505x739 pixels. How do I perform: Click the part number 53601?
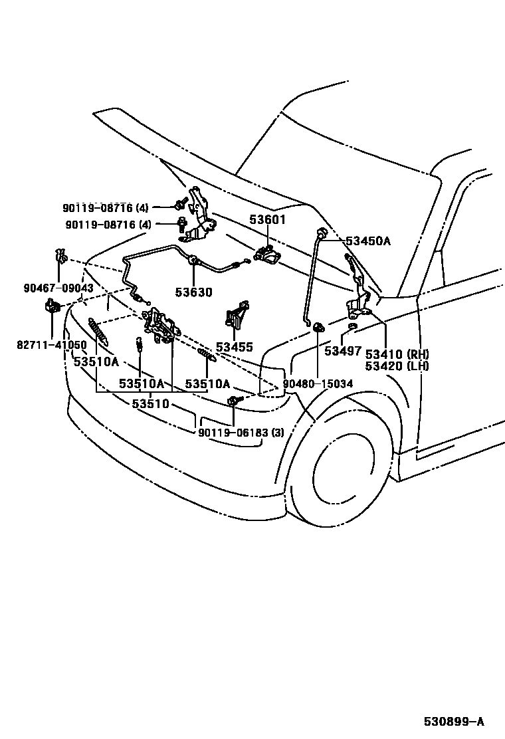click(x=267, y=220)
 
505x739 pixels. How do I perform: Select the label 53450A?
click(x=367, y=241)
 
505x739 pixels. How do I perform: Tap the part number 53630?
click(x=194, y=292)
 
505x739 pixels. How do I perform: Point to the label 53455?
click(x=234, y=347)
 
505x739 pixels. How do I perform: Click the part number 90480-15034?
click(x=318, y=384)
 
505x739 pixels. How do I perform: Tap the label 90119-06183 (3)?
click(x=241, y=433)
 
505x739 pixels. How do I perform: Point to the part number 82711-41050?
click(x=52, y=345)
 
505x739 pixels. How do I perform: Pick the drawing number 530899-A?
click(x=455, y=722)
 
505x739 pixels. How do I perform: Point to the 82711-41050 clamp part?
click(x=52, y=306)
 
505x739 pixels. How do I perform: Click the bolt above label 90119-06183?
click(x=234, y=401)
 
